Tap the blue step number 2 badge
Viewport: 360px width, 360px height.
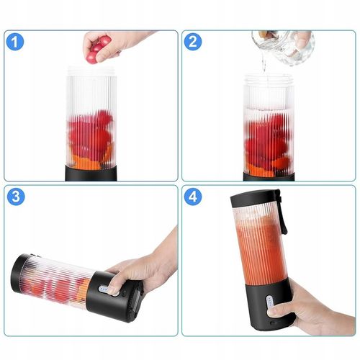193,42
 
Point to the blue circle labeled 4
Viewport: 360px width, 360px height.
193,197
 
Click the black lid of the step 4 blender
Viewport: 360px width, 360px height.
254,200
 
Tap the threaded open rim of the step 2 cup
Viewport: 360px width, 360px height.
268,79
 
